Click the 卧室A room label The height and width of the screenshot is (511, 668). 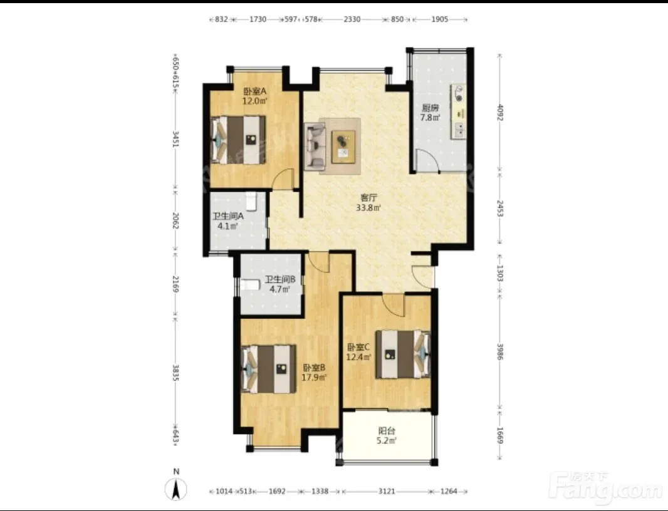tap(255, 91)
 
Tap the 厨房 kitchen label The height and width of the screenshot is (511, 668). tap(430, 108)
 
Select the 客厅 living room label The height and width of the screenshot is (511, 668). tap(368, 198)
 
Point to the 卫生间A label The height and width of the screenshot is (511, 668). tap(228, 216)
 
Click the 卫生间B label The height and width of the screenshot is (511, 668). tap(280, 279)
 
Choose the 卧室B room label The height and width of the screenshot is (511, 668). tap(315, 367)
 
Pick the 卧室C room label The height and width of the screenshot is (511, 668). tap(358, 347)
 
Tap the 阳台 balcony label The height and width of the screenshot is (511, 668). tap(387, 431)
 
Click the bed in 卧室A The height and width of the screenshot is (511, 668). tap(237, 140)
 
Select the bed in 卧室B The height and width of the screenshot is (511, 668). tap(268, 369)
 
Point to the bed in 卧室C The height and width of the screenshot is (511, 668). tap(403, 354)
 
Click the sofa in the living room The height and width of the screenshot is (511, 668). tap(315, 145)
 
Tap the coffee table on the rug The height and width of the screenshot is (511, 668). tap(344, 147)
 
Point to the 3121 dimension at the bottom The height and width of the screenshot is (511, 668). tap(387, 492)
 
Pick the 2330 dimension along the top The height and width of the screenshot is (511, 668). tap(352, 19)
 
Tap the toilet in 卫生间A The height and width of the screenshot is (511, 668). tap(251, 201)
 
